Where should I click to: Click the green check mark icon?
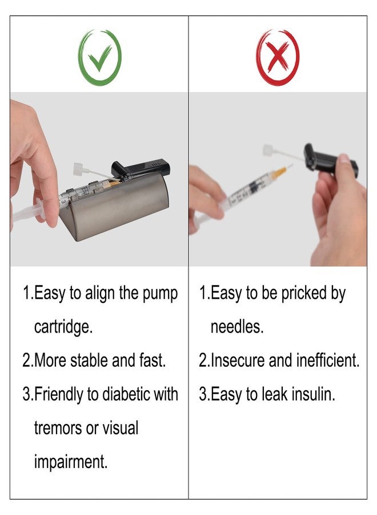click(99, 58)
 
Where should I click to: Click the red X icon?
click(278, 58)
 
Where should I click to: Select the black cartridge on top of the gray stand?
click(141, 168)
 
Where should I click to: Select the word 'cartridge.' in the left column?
click(63, 327)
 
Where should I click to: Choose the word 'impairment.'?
click(71, 461)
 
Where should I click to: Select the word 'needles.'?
click(237, 327)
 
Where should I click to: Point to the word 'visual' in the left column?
click(121, 428)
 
